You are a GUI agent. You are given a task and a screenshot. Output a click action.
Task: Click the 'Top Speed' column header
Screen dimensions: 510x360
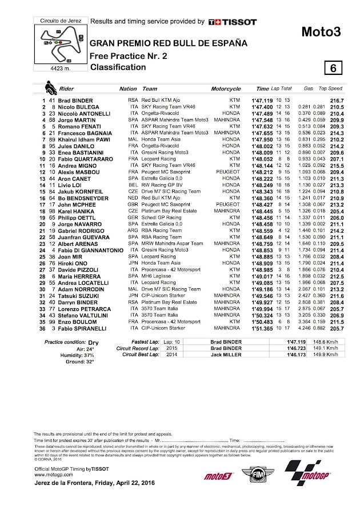(x=330, y=89)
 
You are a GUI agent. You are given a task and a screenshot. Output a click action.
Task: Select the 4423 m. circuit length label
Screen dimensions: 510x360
(x=53, y=70)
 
